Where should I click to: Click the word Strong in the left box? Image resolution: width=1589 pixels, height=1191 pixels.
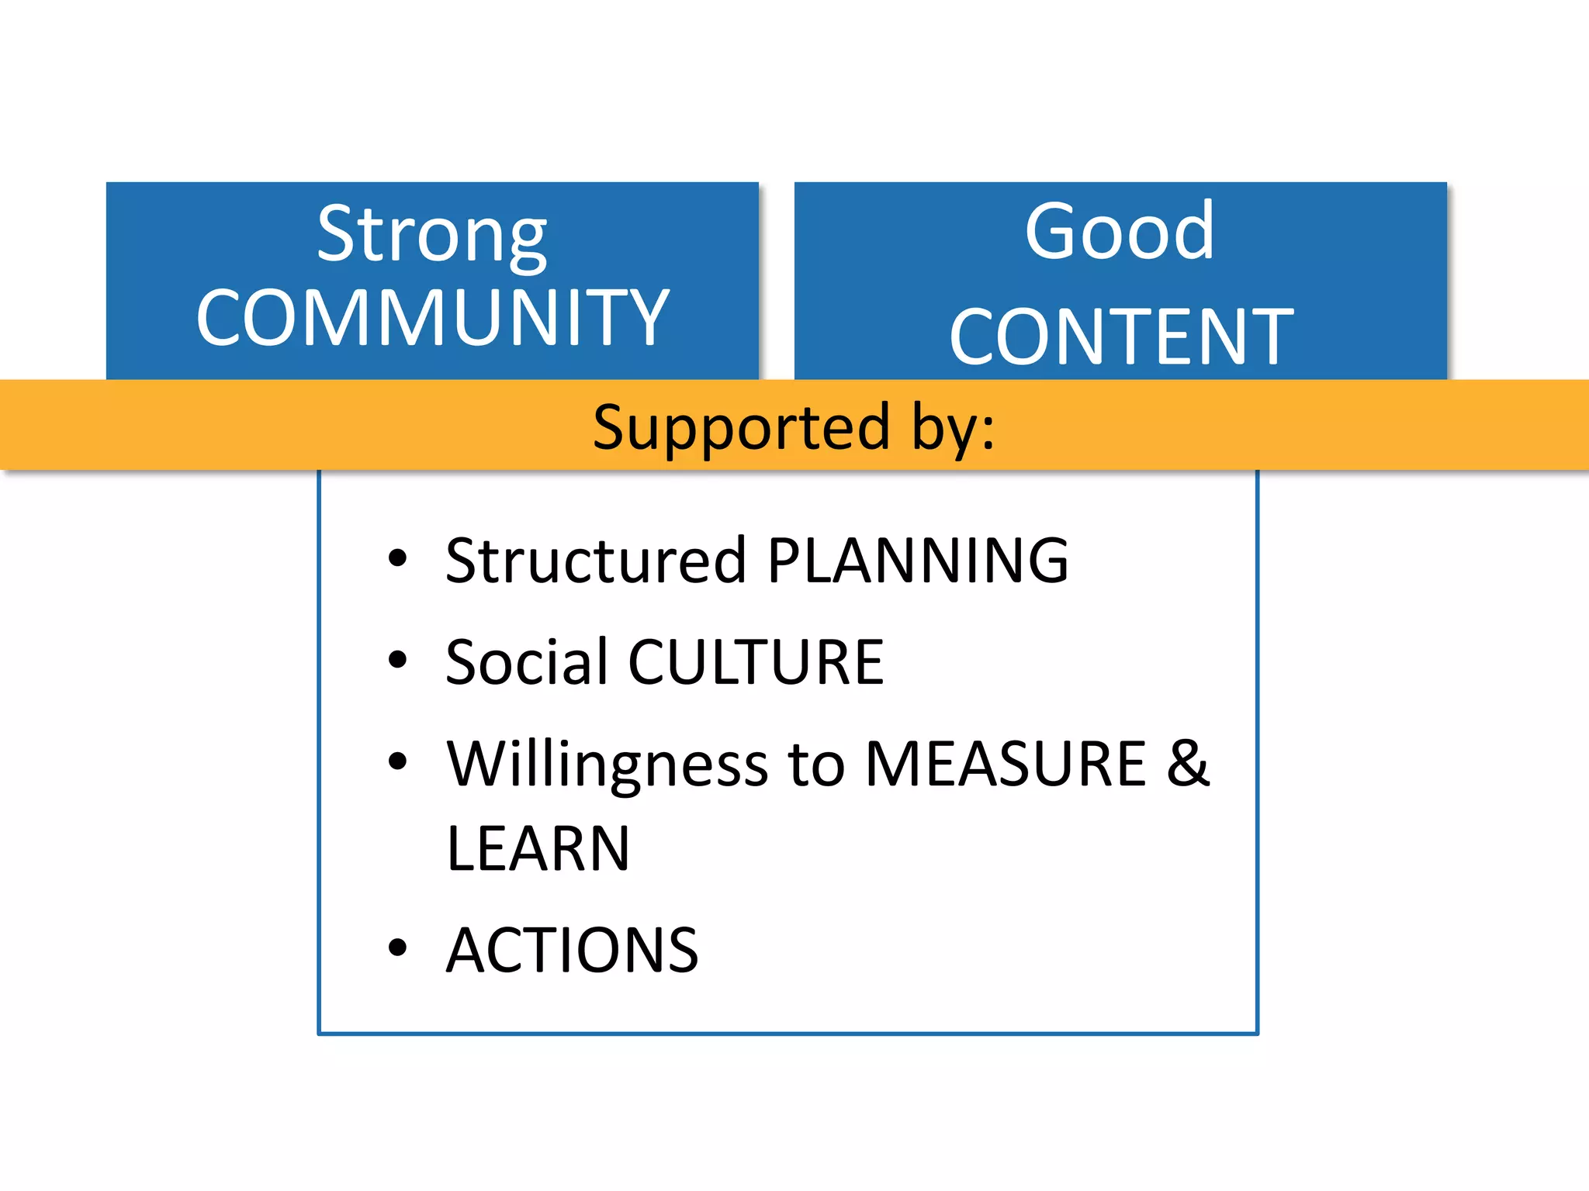[432, 234]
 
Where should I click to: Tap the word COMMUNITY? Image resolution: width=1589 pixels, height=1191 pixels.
[432, 318]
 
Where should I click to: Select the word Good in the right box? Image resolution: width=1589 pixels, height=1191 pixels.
[1120, 231]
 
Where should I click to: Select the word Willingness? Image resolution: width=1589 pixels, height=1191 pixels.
[608, 765]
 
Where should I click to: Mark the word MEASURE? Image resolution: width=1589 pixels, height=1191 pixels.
[1006, 764]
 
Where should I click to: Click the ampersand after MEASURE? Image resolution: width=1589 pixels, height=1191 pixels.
[1188, 764]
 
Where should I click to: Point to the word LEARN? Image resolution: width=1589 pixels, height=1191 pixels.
[538, 849]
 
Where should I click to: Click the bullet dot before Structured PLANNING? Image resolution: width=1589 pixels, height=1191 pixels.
[397, 558]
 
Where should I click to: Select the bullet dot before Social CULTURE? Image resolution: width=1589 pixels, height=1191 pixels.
[397, 660]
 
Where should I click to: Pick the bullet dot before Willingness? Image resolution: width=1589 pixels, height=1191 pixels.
[397, 761]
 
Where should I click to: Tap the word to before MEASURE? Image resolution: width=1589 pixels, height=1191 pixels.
[816, 765]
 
